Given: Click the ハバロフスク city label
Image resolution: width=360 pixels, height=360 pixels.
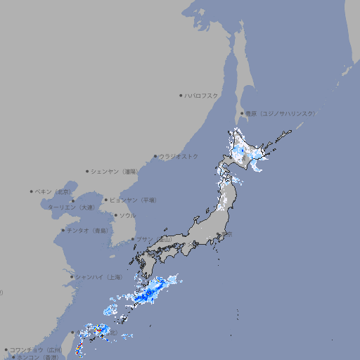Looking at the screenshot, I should [x=202, y=95].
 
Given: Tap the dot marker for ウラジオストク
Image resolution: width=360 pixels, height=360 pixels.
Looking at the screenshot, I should [x=155, y=156].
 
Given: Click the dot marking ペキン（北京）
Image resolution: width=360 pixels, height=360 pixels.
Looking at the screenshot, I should [x=32, y=191].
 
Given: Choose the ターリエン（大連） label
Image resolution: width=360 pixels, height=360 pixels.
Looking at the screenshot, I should [x=71, y=207].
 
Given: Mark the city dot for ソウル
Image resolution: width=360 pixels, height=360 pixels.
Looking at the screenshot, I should [x=115, y=215].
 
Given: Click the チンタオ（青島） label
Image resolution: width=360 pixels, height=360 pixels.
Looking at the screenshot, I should [x=88, y=230].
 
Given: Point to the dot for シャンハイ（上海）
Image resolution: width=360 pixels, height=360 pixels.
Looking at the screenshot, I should [x=71, y=276].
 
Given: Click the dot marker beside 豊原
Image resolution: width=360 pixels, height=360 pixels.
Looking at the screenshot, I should [x=241, y=113].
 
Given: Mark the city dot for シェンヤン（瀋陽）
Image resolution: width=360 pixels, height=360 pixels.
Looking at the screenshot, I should [x=87, y=171].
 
